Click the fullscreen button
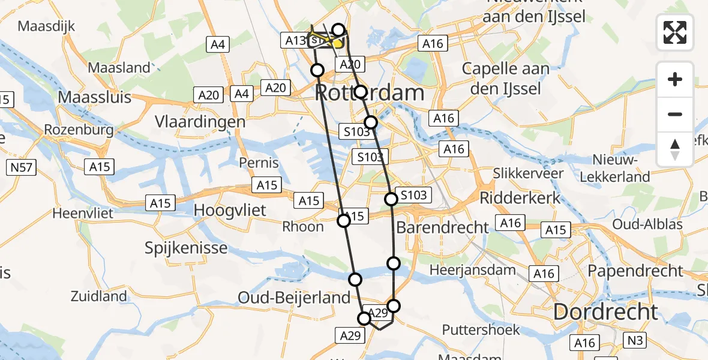tap(675, 32)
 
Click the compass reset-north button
tap(675, 149)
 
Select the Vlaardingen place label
tap(200, 122)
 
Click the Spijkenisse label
tap(187, 248)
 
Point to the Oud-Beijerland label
tap(294, 297)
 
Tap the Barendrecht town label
tap(443, 227)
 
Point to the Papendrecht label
tap(635, 271)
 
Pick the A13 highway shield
tap(295, 40)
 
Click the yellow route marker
tap(338, 43)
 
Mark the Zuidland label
tap(98, 296)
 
